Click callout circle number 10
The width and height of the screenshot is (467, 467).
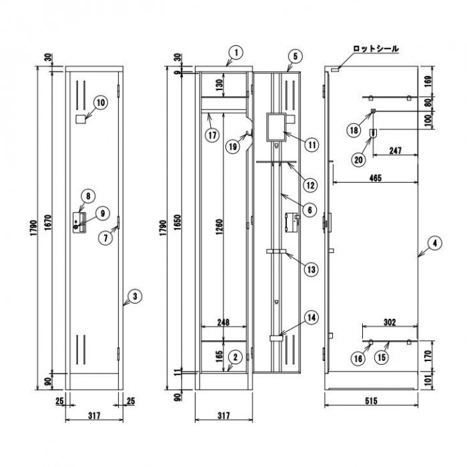tap(100, 102)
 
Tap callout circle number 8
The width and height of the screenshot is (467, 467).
tap(86, 195)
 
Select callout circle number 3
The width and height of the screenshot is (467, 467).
tap(135, 296)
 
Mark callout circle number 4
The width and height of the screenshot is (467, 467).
tap(433, 244)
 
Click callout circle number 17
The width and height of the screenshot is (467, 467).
tap(211, 133)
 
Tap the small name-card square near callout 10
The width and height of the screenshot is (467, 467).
tap(81, 119)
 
